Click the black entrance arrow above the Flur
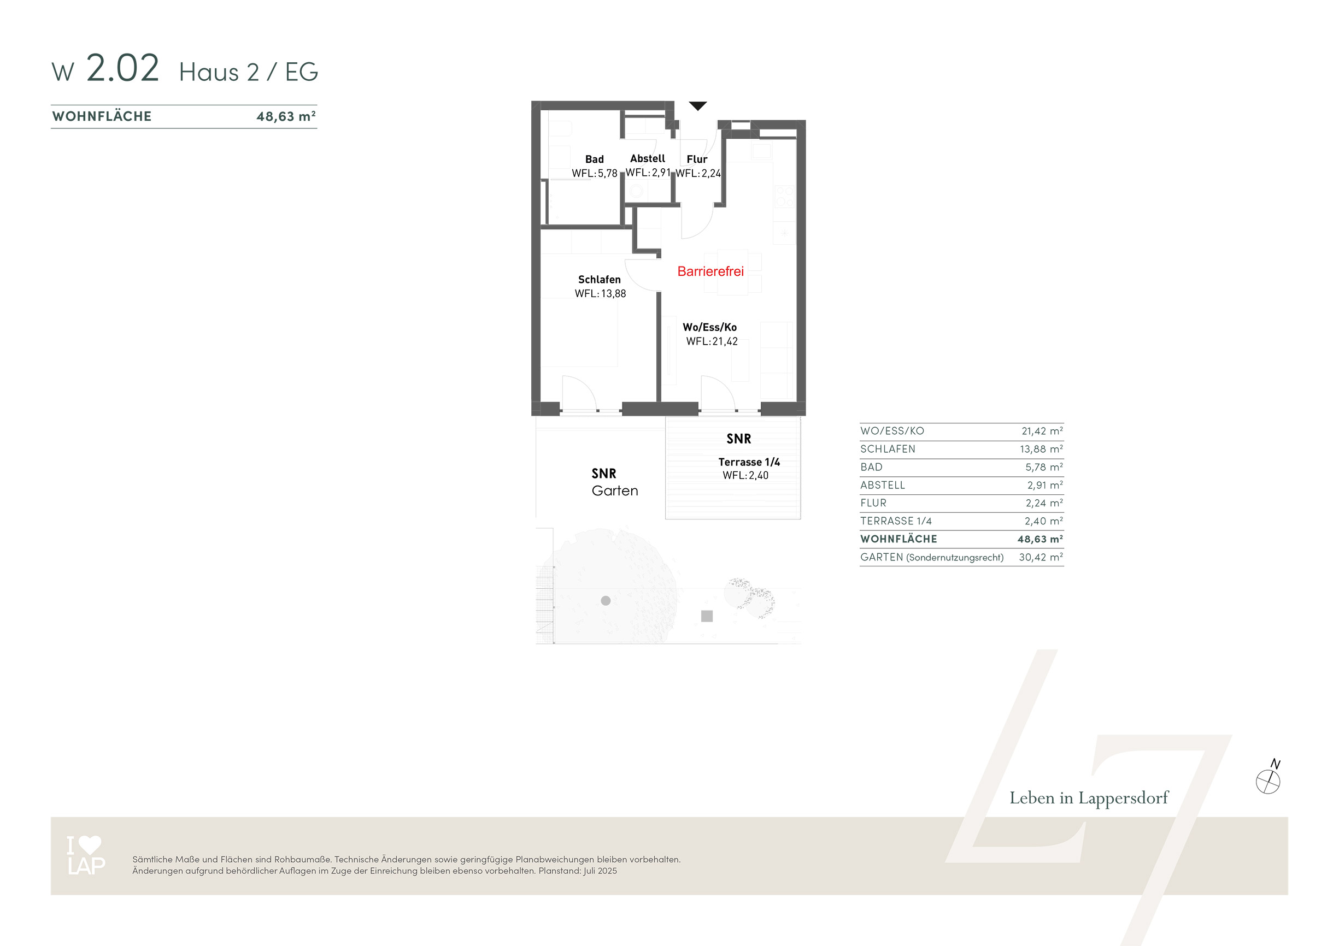pos(697,105)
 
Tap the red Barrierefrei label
pos(710,271)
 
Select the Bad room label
pos(594,159)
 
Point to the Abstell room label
pos(647,158)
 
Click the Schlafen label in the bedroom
pos(600,279)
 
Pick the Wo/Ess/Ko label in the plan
pos(710,327)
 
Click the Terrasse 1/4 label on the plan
pos(749,462)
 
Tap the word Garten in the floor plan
pos(615,491)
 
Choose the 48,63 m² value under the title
pos(286,116)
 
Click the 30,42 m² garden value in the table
pos(1041,557)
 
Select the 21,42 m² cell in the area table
pos(1042,431)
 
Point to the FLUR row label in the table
pos(873,503)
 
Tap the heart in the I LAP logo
pos(90,844)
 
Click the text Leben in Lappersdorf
pos(1089,798)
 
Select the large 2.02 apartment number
pos(122,68)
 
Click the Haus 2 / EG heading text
pos(249,72)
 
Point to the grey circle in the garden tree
pos(606,600)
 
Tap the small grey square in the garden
pos(707,616)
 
